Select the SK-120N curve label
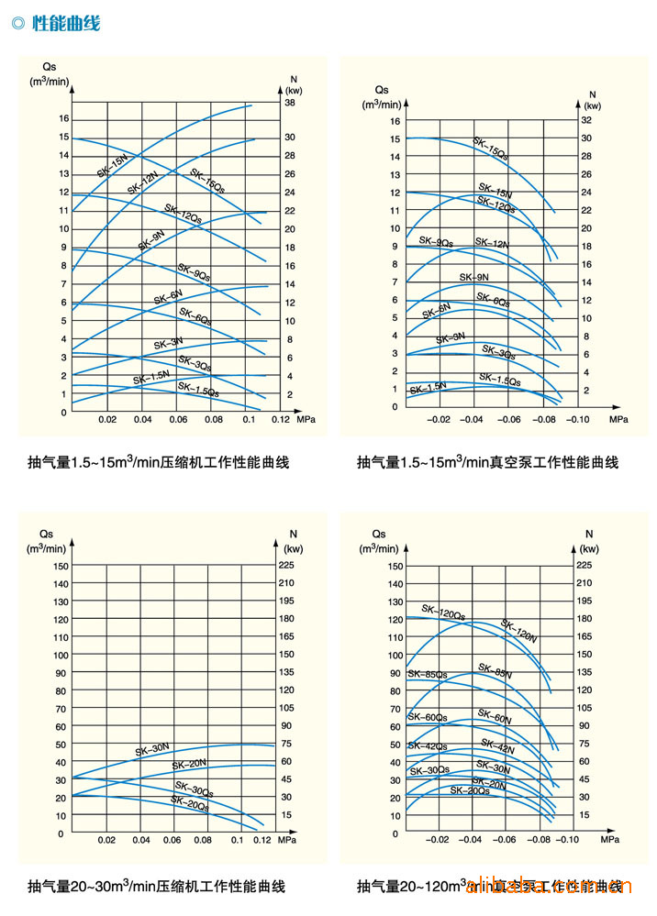point(518,630)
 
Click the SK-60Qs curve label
point(428,717)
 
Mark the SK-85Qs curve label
point(428,675)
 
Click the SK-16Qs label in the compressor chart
point(206,180)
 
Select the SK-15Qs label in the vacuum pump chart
point(490,149)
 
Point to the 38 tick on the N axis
point(289,104)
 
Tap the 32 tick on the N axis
point(587,120)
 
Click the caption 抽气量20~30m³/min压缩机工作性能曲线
point(156,886)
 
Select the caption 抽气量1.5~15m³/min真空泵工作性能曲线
point(487,462)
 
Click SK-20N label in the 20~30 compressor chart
point(188,764)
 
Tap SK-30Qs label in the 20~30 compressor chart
point(195,789)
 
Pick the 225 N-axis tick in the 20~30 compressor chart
point(287,566)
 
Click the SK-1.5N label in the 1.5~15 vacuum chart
point(428,388)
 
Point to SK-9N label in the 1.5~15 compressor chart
point(151,240)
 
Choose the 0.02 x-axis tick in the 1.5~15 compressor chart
point(107,419)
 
